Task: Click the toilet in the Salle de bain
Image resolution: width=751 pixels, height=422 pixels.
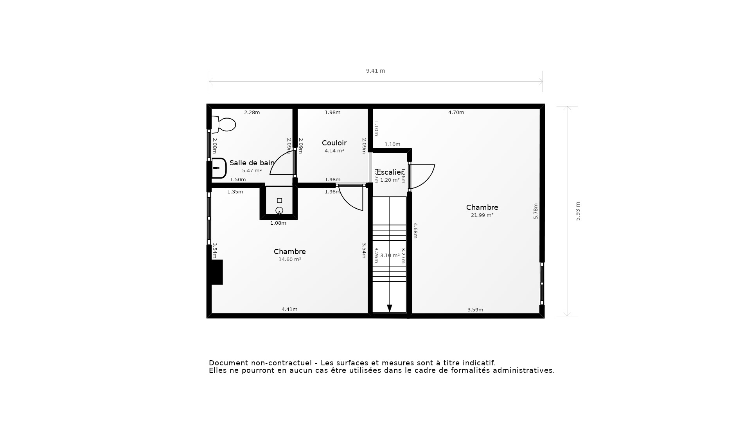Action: click(225, 125)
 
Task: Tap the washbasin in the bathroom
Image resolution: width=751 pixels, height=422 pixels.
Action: click(218, 168)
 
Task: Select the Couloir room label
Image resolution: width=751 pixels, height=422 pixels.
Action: click(334, 143)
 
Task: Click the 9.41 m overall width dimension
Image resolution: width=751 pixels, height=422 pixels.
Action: click(375, 71)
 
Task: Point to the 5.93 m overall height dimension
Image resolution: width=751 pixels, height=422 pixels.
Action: click(578, 211)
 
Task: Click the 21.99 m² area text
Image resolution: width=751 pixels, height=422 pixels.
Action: click(482, 215)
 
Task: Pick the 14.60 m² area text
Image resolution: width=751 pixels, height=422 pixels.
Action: click(289, 259)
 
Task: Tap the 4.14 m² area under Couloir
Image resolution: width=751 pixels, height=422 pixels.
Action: click(334, 151)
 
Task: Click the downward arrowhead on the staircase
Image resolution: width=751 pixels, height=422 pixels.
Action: click(390, 308)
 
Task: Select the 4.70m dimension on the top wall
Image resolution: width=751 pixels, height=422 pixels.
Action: click(456, 113)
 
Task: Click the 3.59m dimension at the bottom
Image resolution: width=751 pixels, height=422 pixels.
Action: click(475, 310)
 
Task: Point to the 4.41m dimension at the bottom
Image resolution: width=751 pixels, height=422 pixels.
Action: click(289, 309)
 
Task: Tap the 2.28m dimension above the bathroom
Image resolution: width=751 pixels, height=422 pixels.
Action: click(252, 113)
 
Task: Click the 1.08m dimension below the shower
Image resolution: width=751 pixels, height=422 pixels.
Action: click(278, 223)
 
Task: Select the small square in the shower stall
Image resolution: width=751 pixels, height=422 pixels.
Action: click(279, 200)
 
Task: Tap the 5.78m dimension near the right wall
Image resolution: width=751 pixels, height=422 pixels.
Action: click(536, 211)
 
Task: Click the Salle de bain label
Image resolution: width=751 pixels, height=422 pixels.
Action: click(252, 163)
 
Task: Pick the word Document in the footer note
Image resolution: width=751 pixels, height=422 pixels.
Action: click(228, 363)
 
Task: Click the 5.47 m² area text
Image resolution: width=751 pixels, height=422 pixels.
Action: click(252, 171)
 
